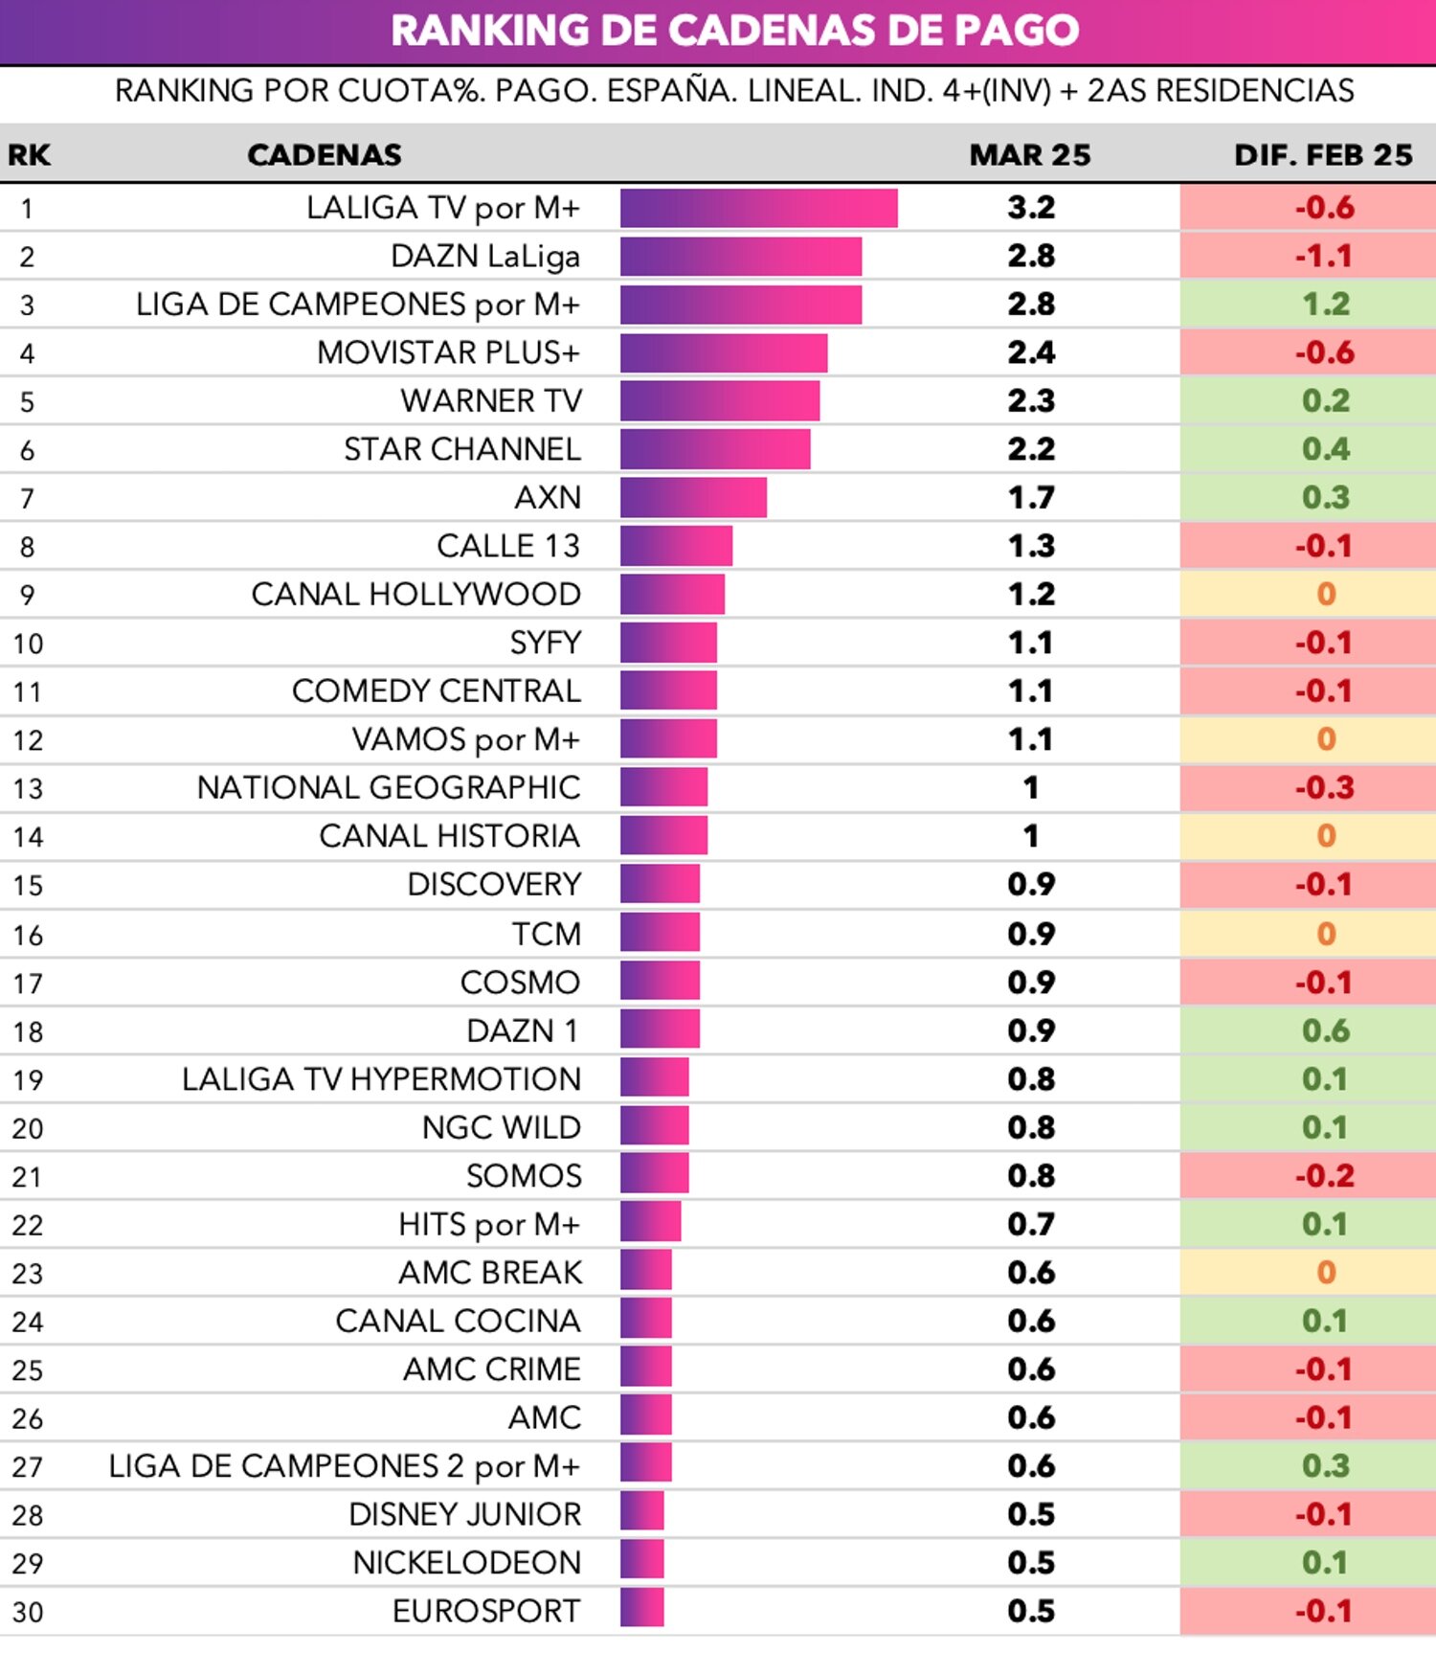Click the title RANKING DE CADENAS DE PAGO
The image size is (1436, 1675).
click(x=734, y=31)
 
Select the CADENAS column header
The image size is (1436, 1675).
click(x=324, y=155)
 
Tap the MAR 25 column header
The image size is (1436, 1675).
click(x=1029, y=155)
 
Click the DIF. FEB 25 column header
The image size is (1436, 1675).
click(x=1323, y=155)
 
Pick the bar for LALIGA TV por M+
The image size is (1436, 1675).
click(x=758, y=208)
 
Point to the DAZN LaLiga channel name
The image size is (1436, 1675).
click(x=485, y=257)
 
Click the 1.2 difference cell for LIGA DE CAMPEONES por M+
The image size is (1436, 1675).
click(x=1325, y=305)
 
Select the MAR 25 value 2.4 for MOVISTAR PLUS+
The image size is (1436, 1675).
click(x=1030, y=352)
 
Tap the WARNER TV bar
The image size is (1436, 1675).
click(x=719, y=401)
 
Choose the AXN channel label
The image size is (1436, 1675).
click(x=548, y=498)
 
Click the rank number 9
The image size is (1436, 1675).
click(x=27, y=595)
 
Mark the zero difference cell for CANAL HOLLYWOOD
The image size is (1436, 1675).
click(x=1325, y=595)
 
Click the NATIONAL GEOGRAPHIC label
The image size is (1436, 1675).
click(x=389, y=788)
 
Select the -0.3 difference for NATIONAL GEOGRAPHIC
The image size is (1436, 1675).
click(x=1325, y=788)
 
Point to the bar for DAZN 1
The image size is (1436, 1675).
click(x=660, y=1030)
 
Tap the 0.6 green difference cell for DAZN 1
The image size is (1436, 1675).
click(x=1325, y=1030)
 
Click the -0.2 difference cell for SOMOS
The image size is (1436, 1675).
click(x=1325, y=1175)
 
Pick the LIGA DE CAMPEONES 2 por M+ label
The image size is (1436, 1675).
click(x=345, y=1465)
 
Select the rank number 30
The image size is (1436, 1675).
click(x=28, y=1612)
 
